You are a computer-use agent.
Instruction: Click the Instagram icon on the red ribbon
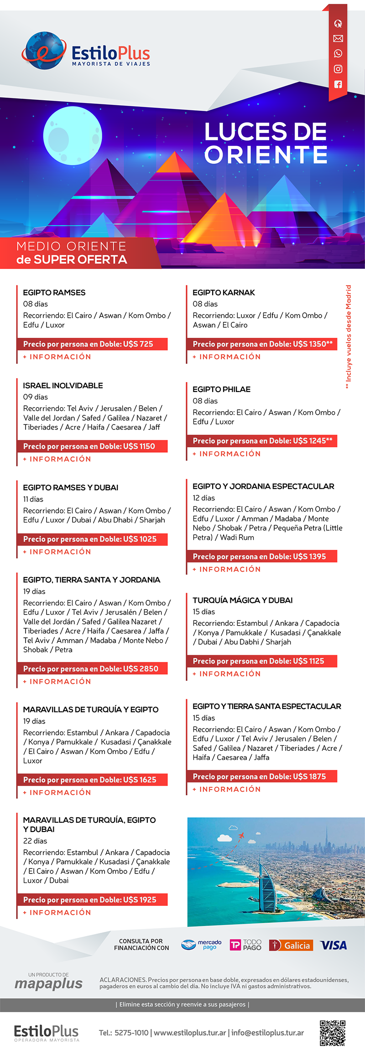click(338, 69)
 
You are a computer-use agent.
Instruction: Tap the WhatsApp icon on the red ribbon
click(338, 54)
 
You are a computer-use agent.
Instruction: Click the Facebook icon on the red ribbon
click(338, 84)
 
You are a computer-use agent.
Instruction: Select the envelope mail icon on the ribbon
click(338, 39)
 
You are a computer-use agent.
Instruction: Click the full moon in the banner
click(72, 136)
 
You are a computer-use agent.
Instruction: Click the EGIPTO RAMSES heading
click(54, 293)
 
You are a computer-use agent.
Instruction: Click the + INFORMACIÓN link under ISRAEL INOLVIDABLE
click(57, 459)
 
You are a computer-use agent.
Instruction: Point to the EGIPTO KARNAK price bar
click(262, 344)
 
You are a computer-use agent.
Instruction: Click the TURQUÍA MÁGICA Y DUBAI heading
click(242, 600)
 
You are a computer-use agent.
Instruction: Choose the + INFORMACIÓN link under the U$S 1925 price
click(57, 912)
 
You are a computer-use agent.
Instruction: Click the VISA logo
click(333, 945)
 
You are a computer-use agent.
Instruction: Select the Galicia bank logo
click(291, 945)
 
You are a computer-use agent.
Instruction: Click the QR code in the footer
click(332, 1033)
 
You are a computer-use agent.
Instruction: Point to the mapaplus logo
click(48, 983)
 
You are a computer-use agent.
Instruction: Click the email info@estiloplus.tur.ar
click(267, 1033)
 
